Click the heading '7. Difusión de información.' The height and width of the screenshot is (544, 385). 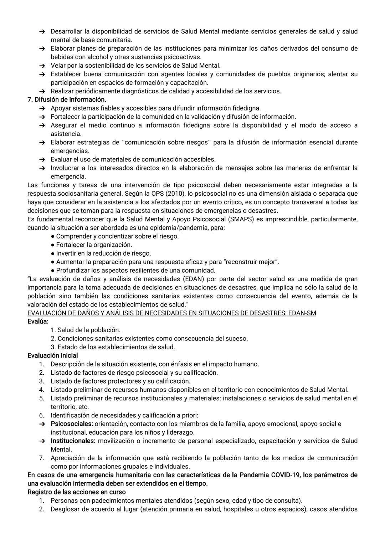click(x=67, y=99)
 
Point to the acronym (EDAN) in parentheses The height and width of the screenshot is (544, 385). click(x=195, y=279)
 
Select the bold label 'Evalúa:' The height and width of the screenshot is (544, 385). click(x=38, y=322)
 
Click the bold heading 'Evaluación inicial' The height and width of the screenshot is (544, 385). click(x=52, y=355)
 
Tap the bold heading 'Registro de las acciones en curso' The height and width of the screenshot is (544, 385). click(x=76, y=492)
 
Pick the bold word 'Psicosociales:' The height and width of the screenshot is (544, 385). click(x=72, y=424)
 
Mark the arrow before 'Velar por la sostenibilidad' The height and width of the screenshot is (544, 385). click(x=42, y=66)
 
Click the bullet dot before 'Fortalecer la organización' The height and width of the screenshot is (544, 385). click(x=52, y=245)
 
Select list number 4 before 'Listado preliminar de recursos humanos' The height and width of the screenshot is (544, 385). click(x=42, y=390)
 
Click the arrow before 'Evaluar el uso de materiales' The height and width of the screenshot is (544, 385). click(x=42, y=160)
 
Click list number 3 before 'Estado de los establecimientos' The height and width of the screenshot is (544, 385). click(x=53, y=347)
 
